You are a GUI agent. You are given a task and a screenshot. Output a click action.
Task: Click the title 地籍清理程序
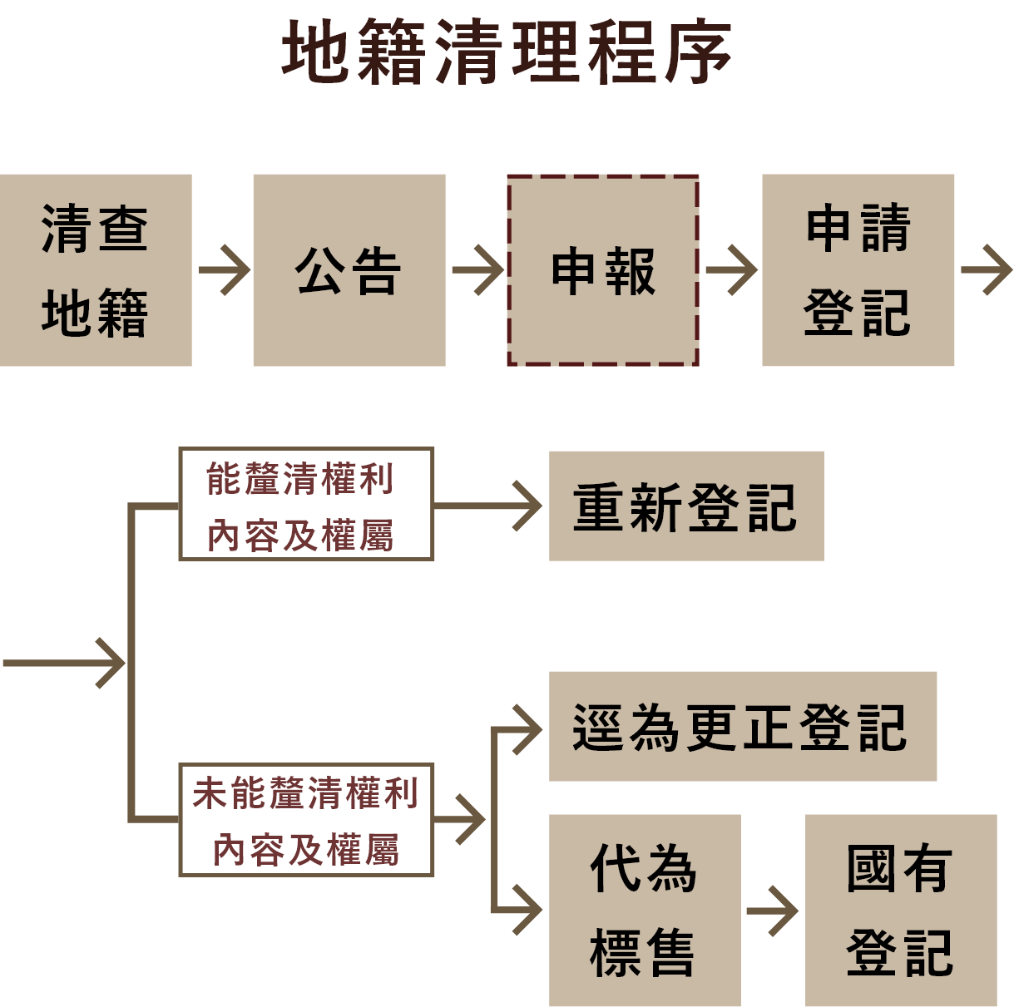coord(507,52)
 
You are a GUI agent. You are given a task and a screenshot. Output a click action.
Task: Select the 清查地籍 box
coord(96,270)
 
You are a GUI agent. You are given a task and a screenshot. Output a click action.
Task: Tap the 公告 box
coord(349,270)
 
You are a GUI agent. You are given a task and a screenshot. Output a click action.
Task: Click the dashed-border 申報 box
coord(603,270)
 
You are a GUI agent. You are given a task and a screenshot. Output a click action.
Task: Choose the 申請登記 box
coord(858,270)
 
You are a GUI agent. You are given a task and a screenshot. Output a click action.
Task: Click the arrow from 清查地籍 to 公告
coord(223,270)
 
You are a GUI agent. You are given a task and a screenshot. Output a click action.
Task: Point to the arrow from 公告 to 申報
coord(477,270)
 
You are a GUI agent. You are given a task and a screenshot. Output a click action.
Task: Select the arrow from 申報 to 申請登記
coord(730,270)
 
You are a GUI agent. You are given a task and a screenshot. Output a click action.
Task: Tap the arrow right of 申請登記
coord(986,270)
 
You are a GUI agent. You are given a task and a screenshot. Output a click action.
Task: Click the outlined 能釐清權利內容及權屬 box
coord(306,504)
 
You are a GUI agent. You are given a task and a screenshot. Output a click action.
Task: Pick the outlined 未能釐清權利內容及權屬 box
coord(306,820)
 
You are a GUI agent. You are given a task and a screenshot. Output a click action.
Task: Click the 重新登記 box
coord(686,506)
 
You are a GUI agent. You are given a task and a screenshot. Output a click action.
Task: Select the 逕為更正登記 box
coord(743,726)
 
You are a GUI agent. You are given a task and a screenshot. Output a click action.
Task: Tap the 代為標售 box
coord(645,911)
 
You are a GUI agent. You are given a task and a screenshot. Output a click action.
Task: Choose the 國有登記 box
coord(901,911)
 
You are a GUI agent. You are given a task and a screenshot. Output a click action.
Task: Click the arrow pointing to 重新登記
coord(491,506)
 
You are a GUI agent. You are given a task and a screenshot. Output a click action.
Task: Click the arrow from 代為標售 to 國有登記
coord(773,911)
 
